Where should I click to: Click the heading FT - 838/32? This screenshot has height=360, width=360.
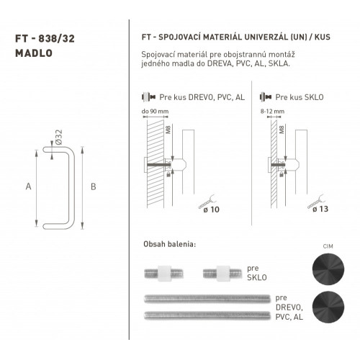click(x=45, y=39)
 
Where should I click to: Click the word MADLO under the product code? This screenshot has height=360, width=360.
click(x=34, y=53)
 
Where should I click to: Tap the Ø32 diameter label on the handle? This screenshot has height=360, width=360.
click(x=58, y=138)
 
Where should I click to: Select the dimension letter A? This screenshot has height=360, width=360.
click(x=28, y=186)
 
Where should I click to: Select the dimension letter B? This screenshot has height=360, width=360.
click(x=94, y=186)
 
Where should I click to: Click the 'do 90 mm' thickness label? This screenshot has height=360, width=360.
click(x=155, y=112)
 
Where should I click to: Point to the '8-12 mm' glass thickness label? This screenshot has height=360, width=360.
click(x=272, y=112)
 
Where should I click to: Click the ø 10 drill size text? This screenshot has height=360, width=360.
click(x=212, y=210)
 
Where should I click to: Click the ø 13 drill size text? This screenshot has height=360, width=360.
click(x=320, y=209)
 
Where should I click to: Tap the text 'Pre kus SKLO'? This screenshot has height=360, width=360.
click(x=300, y=97)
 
